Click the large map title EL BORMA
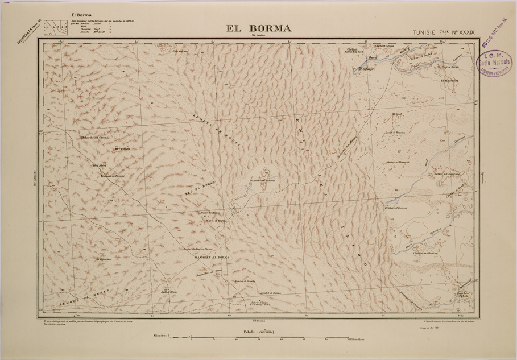258,28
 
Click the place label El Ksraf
396,115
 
